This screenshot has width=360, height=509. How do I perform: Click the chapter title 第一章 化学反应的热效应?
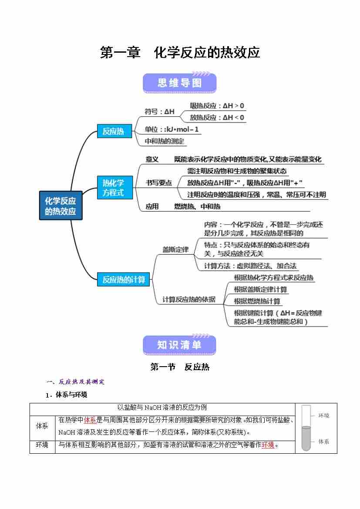(x=180, y=53)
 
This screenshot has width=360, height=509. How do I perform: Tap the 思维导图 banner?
(x=179, y=83)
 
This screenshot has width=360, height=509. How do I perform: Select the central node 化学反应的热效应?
(x=61, y=206)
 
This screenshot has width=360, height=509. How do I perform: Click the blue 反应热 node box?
(x=114, y=131)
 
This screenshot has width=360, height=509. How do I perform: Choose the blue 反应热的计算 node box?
(x=124, y=280)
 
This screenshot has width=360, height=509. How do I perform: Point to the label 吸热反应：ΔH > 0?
(x=217, y=106)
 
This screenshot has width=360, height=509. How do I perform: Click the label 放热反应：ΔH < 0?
(x=217, y=118)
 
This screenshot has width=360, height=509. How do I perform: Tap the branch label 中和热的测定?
(x=165, y=141)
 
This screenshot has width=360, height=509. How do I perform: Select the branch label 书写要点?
(x=158, y=183)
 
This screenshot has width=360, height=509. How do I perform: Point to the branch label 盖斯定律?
(x=175, y=249)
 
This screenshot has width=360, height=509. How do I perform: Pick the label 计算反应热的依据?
(x=189, y=300)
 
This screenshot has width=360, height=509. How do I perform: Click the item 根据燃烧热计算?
(x=257, y=301)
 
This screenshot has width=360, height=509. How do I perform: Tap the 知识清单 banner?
(x=179, y=345)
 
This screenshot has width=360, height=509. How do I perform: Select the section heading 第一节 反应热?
(x=180, y=367)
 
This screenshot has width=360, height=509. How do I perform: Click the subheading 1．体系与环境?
(x=66, y=395)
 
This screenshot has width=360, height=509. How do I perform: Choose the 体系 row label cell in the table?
(x=42, y=426)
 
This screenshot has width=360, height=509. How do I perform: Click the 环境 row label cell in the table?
(x=42, y=445)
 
